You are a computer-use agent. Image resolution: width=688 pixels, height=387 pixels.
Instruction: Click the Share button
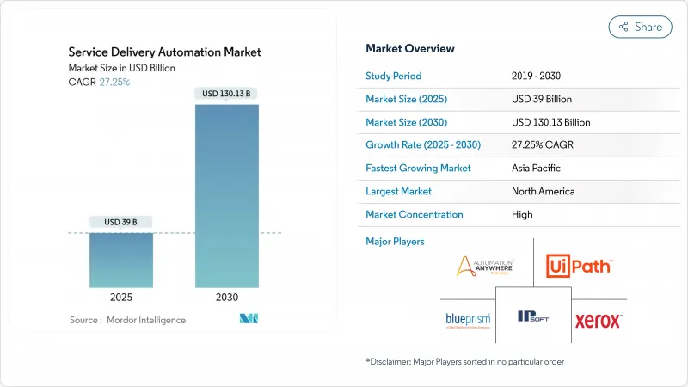640,27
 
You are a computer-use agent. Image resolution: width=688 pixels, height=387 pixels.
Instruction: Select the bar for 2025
122,260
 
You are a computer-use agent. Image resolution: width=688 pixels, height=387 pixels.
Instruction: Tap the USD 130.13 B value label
227,93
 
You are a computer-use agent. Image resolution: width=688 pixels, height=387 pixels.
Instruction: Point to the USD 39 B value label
122,222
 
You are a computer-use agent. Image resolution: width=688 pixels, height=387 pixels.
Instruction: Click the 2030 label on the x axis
227,298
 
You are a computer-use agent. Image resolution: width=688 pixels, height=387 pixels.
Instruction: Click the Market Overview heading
410,48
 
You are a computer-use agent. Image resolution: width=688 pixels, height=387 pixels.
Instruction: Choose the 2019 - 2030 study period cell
537,76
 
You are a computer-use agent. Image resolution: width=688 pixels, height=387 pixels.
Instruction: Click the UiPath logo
579,266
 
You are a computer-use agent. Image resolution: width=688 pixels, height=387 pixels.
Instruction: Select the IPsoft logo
533,317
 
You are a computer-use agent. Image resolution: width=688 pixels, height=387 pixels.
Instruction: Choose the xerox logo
598,321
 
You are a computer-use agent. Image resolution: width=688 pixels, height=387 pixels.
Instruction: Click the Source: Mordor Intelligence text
127,320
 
